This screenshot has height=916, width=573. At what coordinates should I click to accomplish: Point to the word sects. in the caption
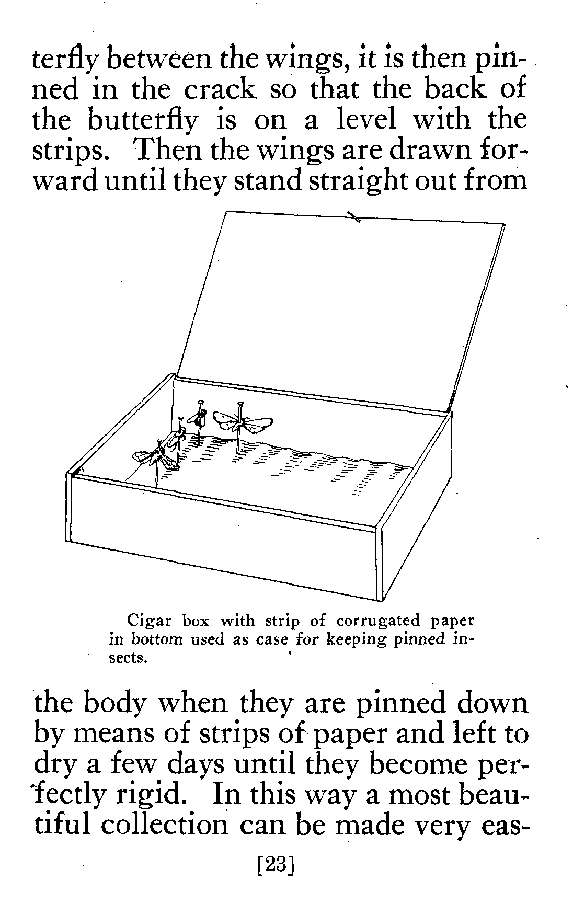[126, 658]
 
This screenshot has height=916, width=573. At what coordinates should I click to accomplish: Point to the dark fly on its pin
[201, 417]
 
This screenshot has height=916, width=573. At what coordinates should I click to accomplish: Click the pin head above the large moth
[240, 404]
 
